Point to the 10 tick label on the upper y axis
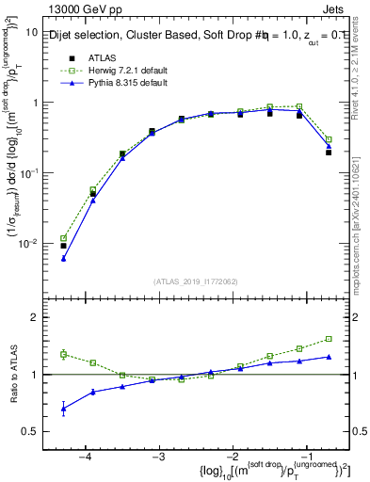[31, 32]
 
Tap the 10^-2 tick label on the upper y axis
[28, 244]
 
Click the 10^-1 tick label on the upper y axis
[28, 173]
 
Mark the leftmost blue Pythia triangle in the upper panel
[63, 258]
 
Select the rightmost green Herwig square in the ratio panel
[329, 339]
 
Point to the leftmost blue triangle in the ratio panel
[63, 409]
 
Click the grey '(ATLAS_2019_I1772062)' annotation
[196, 281]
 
